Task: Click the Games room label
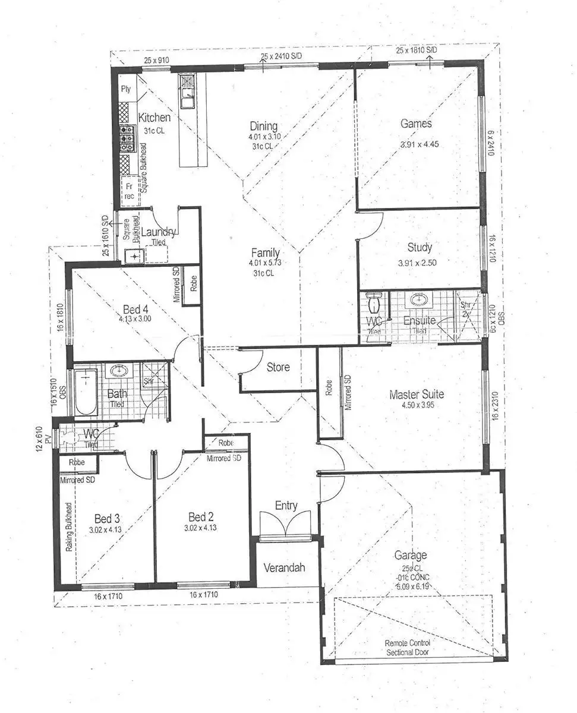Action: [416, 124]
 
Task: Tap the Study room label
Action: [420, 247]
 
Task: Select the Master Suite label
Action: [417, 395]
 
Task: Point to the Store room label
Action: [278, 367]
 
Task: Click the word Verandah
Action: [284, 567]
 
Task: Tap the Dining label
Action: [263, 126]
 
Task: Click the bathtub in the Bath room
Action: [87, 393]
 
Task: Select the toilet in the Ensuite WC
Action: [374, 304]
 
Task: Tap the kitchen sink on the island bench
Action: [187, 101]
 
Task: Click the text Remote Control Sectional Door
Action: [407, 647]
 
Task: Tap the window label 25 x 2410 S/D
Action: [282, 56]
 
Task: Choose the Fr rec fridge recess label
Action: [129, 191]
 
